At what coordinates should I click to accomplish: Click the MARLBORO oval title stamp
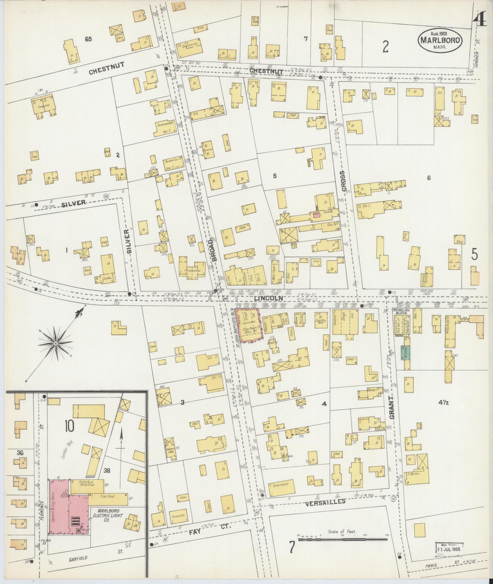(x=440, y=40)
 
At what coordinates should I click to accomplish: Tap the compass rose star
(x=56, y=344)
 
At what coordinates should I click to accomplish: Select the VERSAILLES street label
(x=325, y=501)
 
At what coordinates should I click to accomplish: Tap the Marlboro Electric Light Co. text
(x=110, y=516)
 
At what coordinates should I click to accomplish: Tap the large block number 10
(x=69, y=426)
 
